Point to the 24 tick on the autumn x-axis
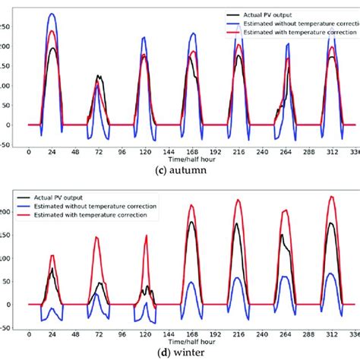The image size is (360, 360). pos(52,151)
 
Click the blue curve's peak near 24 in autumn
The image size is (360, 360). pos(52,14)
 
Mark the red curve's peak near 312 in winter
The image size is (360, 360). pos(331,197)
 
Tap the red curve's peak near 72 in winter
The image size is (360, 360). pos(97,237)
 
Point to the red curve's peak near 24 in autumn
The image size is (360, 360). pos(52,31)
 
